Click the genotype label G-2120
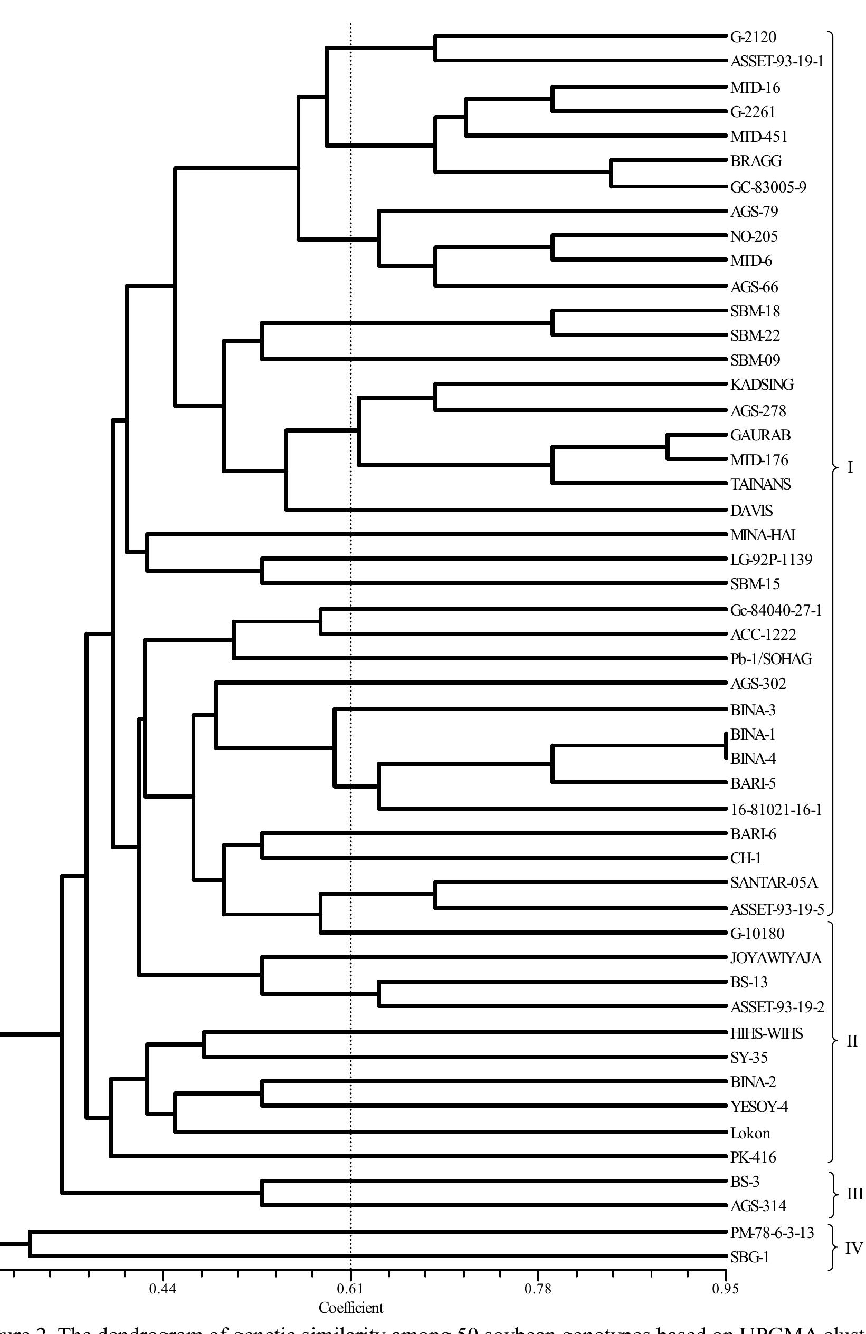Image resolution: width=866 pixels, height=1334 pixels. [753, 37]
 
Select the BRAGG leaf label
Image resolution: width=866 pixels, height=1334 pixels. [756, 161]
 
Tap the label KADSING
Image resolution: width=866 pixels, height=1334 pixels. [762, 385]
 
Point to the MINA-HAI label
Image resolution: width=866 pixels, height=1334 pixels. [762, 535]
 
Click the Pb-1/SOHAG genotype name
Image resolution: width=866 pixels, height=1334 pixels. [770, 659]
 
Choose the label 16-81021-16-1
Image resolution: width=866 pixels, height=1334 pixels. [775, 809]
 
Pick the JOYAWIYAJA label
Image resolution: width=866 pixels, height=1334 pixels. [776, 958]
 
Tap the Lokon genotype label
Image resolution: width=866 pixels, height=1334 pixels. [750, 1133]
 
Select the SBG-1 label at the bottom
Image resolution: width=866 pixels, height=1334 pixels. [749, 1257]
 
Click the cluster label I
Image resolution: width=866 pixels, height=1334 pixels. [850, 467]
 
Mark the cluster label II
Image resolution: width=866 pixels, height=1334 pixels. [851, 1041]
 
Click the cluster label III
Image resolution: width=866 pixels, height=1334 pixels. [854, 1194]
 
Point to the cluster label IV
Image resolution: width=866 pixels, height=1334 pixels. [853, 1245]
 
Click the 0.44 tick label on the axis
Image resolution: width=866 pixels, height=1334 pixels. [163, 1289]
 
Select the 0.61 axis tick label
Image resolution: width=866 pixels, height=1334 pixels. [350, 1289]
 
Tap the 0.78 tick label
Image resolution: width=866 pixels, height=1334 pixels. [538, 1289]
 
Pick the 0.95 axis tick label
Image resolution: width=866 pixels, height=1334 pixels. [725, 1289]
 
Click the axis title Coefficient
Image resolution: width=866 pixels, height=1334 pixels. [350, 1308]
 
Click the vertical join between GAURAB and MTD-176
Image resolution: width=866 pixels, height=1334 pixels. [668, 447]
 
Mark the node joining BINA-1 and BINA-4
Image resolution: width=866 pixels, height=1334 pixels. [726, 745]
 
